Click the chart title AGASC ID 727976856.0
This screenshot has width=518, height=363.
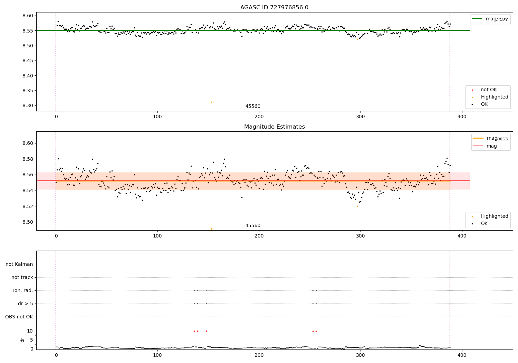tap(274, 8)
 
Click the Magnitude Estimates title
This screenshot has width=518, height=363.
tap(274, 127)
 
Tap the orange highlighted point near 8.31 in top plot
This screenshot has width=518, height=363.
tap(211, 102)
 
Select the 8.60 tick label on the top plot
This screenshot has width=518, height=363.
tap(28, 16)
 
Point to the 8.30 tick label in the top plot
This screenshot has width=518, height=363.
tap(28, 106)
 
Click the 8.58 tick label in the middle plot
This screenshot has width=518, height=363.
tap(28, 159)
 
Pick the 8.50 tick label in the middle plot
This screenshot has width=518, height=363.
tap(28, 222)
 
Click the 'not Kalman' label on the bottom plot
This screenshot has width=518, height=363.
tap(19, 264)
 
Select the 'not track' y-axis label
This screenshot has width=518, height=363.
tap(22, 278)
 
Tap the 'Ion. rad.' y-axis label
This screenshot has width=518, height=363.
tap(23, 291)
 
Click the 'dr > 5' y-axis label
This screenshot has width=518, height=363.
tap(26, 304)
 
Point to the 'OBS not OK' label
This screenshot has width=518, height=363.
tap(19, 317)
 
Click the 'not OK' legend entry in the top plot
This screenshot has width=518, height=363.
tap(489, 90)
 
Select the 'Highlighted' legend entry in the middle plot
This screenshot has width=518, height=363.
tap(494, 216)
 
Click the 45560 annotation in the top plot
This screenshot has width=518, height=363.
tap(253, 106)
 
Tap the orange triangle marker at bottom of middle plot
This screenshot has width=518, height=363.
tap(211, 229)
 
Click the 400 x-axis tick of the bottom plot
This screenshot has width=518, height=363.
tap(462, 356)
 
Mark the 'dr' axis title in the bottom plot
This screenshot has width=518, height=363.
tap(22, 340)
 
